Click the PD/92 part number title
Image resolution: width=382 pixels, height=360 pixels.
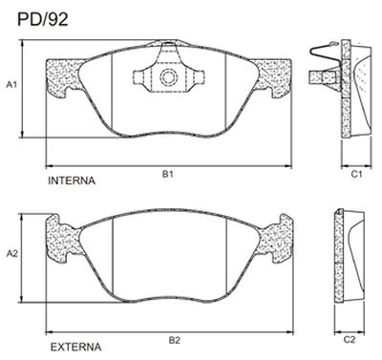click(43, 19)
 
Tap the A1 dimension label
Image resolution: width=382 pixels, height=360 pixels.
click(12, 85)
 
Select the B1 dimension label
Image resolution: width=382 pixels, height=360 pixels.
click(168, 174)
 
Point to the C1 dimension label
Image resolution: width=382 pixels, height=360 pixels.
click(357, 174)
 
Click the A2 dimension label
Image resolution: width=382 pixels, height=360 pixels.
click(12, 254)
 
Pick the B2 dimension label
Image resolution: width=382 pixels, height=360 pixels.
click(175, 341)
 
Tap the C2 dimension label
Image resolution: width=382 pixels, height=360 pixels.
click(350, 340)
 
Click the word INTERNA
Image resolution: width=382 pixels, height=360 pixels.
click(72, 180)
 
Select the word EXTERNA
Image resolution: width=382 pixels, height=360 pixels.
click(75, 347)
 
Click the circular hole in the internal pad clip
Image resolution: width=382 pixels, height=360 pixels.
click(168, 77)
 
